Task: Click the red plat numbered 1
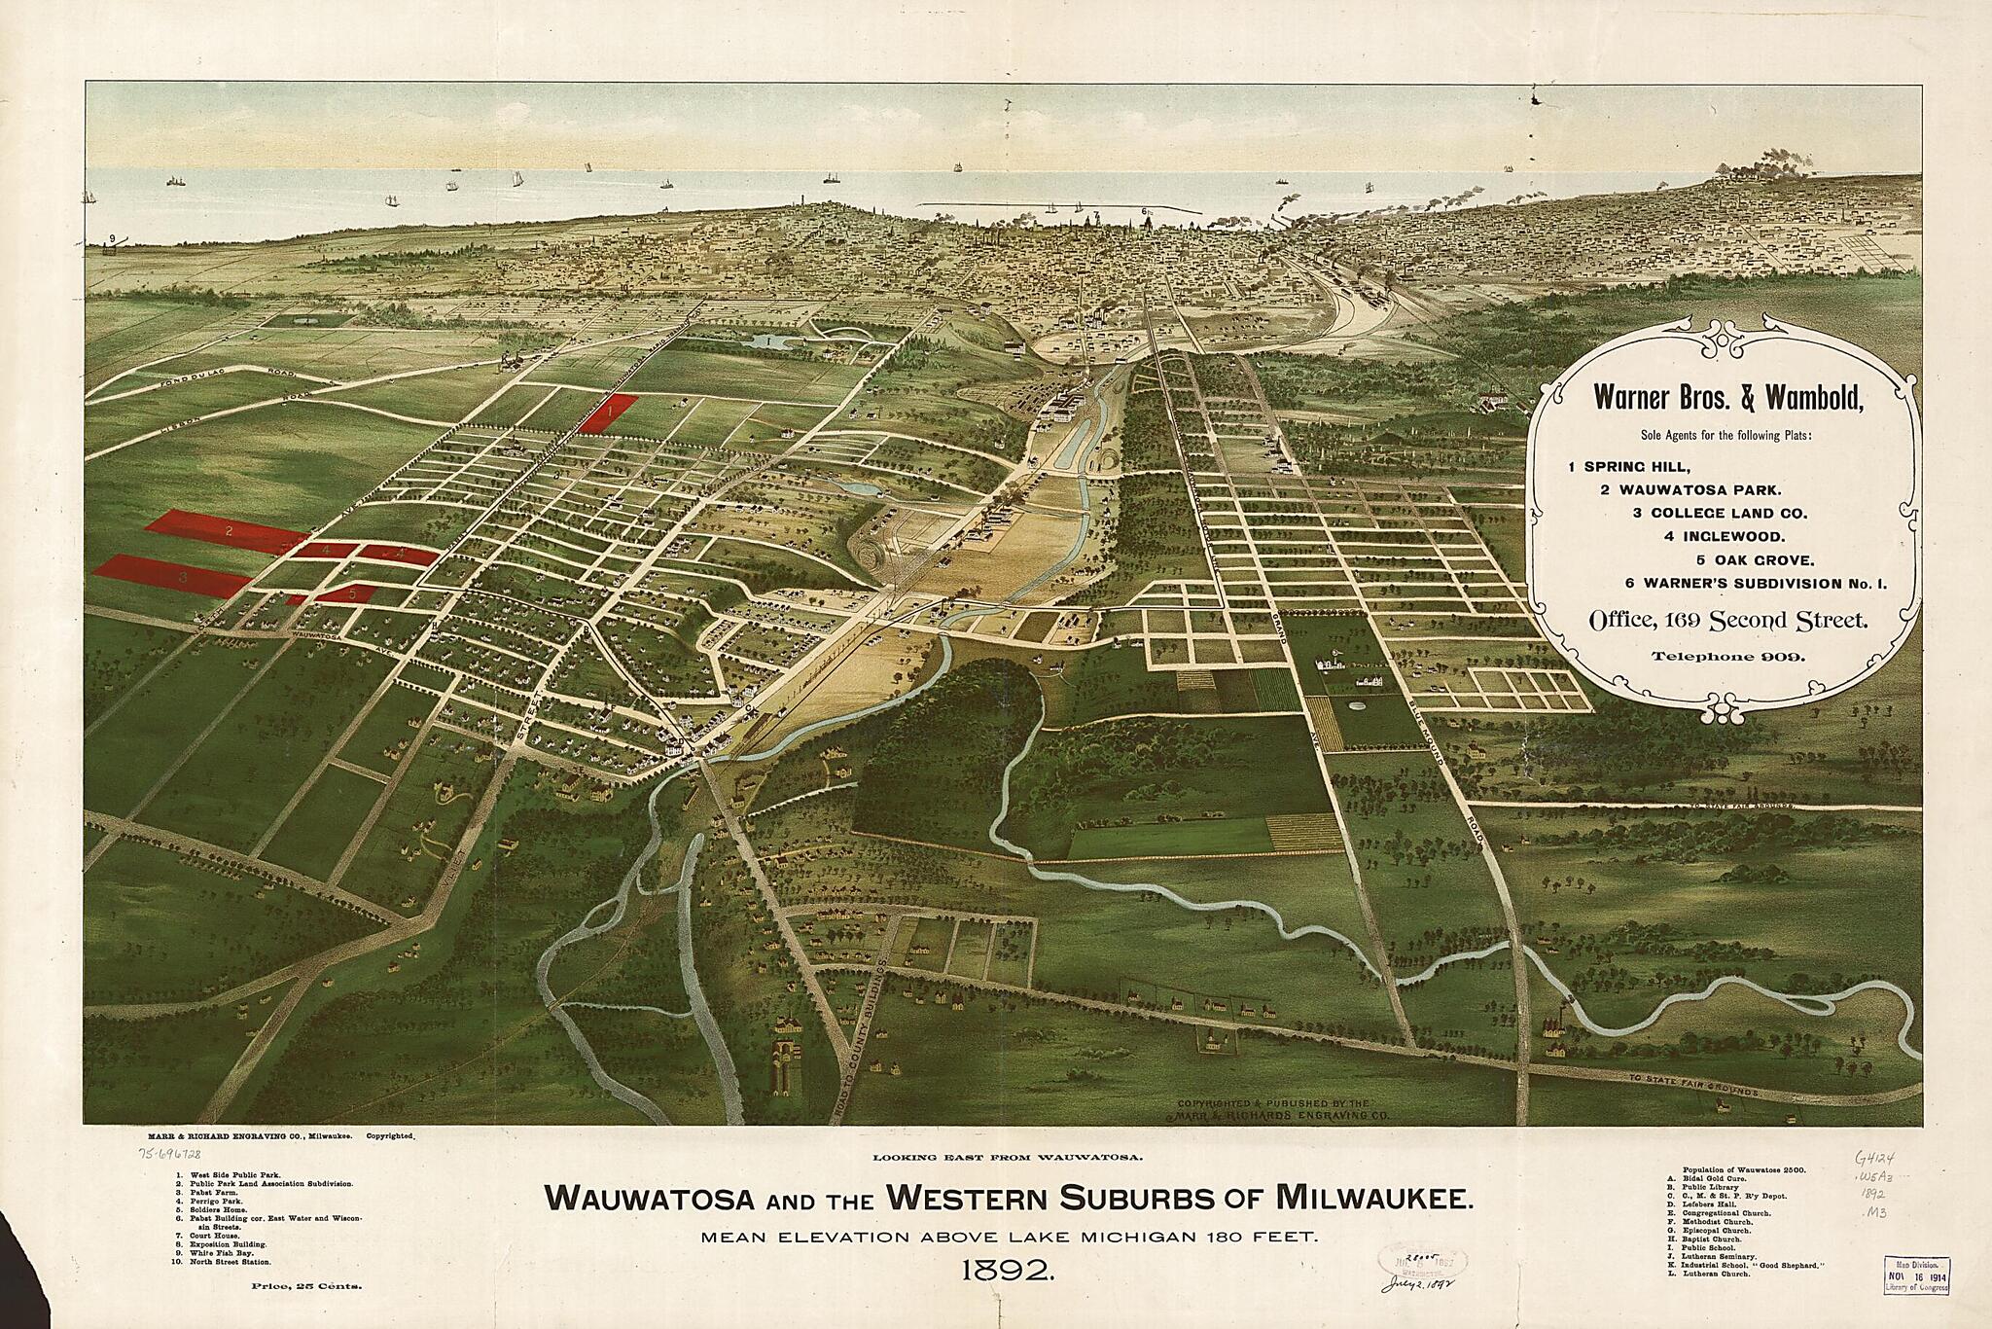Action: coord(610,413)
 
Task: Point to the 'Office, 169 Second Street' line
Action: coord(1727,620)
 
